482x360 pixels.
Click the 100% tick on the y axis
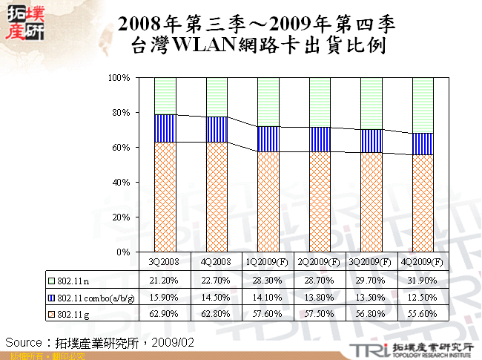(x=119, y=77)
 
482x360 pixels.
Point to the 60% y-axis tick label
(x=121, y=148)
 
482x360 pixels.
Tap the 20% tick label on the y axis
(x=121, y=217)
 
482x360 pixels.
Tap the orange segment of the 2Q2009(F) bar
(x=320, y=202)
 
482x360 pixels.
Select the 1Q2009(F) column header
(x=268, y=262)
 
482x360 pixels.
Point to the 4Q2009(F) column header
(x=422, y=262)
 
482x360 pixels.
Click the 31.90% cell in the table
(x=422, y=281)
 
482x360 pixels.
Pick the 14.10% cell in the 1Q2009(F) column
(x=268, y=298)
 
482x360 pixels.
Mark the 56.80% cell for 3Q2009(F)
(x=371, y=315)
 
